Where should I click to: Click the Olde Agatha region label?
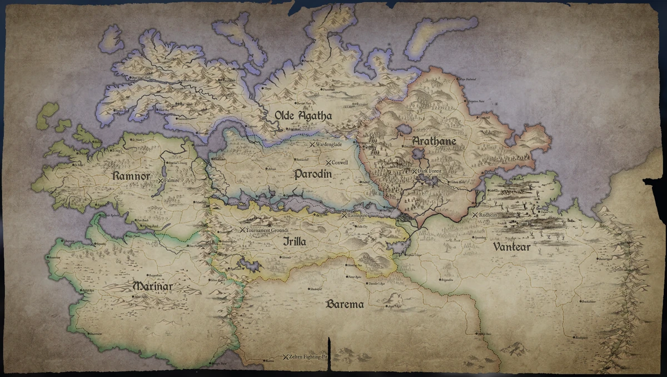[x=303, y=116]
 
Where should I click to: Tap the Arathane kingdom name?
[x=434, y=141]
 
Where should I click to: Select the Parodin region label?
[x=313, y=174]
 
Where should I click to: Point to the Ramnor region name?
[x=131, y=176]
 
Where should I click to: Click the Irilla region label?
[x=294, y=242]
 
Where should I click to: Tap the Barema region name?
[x=345, y=304]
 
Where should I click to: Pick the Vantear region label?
[x=511, y=247]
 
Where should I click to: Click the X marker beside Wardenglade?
[x=312, y=144]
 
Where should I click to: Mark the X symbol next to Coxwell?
[x=328, y=162]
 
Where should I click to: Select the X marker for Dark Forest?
[x=414, y=171]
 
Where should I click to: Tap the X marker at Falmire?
[x=161, y=181]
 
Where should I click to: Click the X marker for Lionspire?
[x=344, y=215]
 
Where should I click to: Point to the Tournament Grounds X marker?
[x=242, y=230]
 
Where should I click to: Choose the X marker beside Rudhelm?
[x=475, y=215]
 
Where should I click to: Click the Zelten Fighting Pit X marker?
[x=286, y=356]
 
